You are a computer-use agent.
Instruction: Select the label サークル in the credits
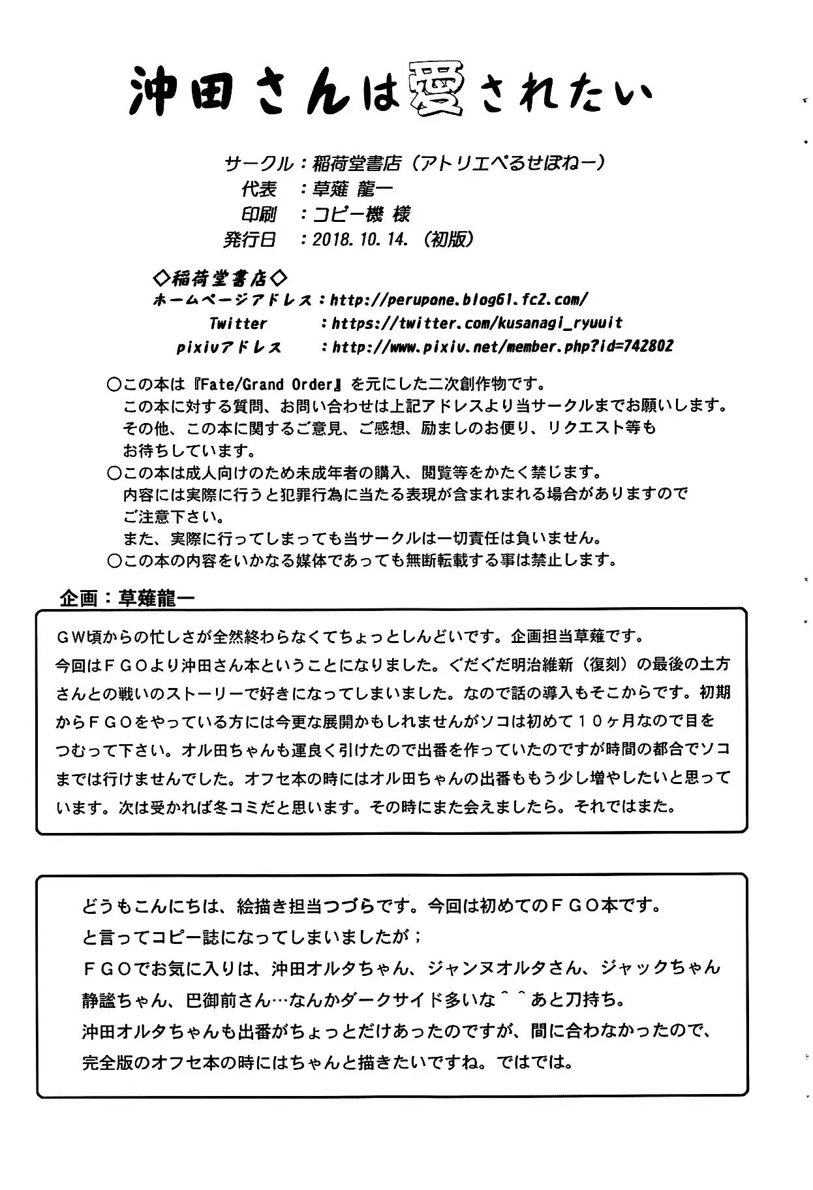[258, 163]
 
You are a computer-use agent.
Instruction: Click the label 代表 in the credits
[259, 189]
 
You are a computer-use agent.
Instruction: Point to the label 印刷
[259, 214]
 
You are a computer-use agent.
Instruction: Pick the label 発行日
[250, 240]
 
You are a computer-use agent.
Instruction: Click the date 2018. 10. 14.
[360, 240]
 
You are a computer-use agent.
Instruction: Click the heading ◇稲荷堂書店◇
[219, 279]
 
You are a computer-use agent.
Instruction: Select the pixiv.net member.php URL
[502, 347]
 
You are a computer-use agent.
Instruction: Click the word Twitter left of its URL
[238, 323]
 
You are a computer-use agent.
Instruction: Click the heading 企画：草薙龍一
[127, 598]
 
